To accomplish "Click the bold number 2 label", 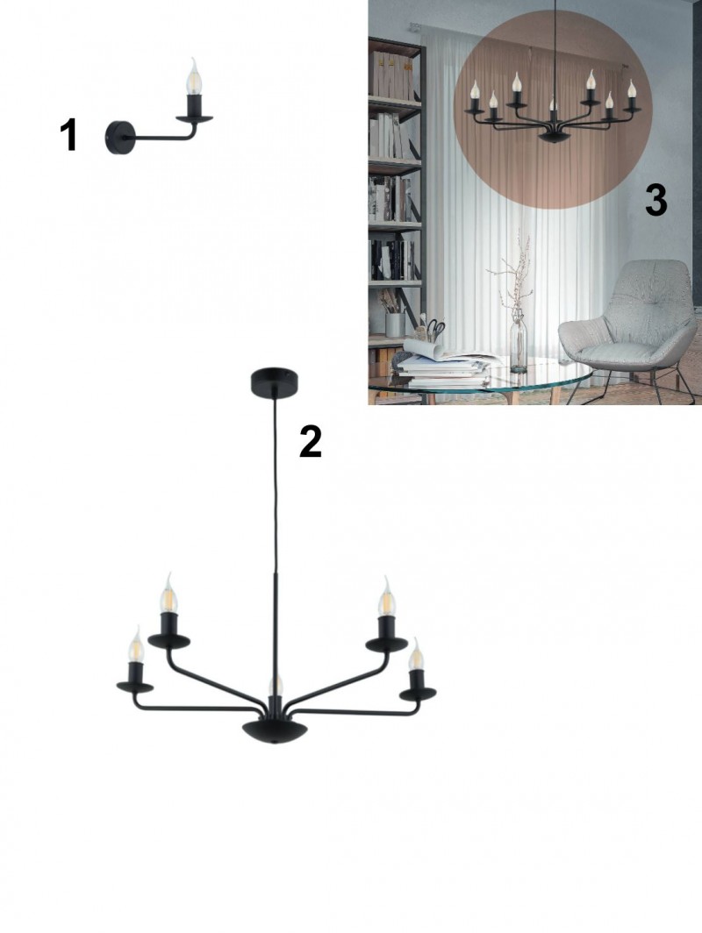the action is [x=311, y=441].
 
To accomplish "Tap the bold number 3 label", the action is [x=655, y=200].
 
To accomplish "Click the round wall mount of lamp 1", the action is [x=119, y=138].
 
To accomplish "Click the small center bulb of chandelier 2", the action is [x=275, y=686].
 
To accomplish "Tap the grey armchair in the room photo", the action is [x=629, y=325].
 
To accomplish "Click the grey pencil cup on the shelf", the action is [x=395, y=324].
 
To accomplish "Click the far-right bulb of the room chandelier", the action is [x=631, y=89].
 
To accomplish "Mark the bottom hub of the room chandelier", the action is [x=554, y=136].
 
